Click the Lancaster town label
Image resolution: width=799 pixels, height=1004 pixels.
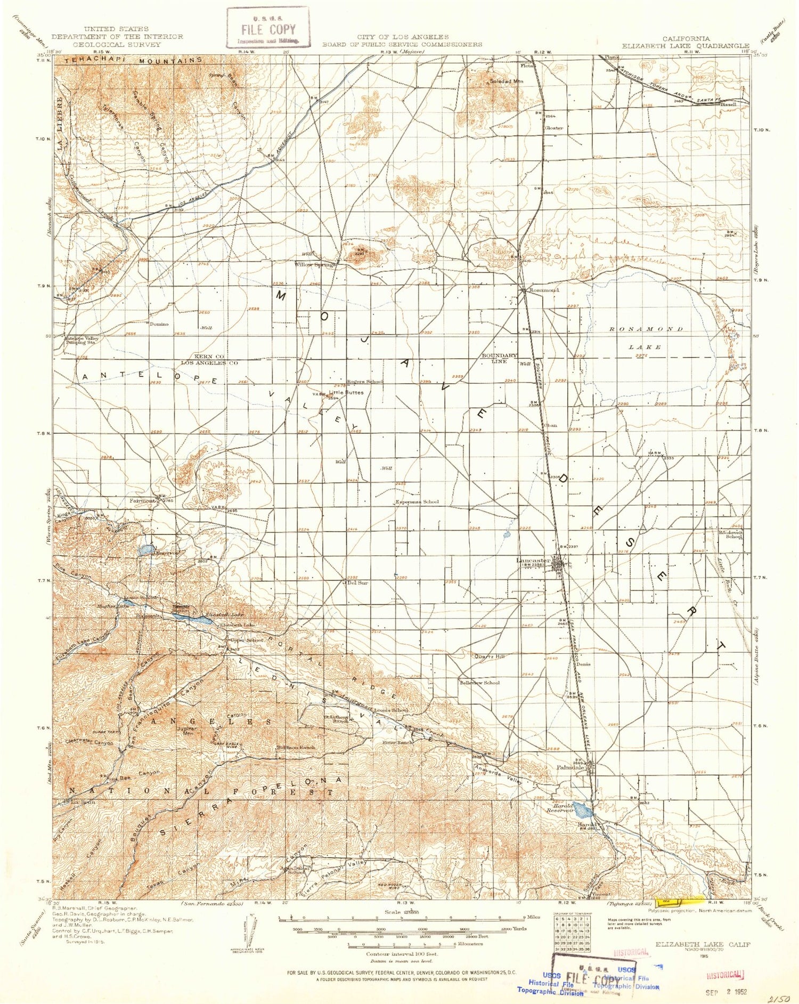[533, 561]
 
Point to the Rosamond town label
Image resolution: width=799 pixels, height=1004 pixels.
[543, 290]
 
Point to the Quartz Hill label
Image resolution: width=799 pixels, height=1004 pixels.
[488, 657]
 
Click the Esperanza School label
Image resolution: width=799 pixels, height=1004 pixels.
[417, 502]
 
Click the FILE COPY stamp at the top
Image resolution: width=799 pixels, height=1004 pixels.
[268, 28]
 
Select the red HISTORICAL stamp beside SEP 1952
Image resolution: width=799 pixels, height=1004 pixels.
[724, 974]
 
